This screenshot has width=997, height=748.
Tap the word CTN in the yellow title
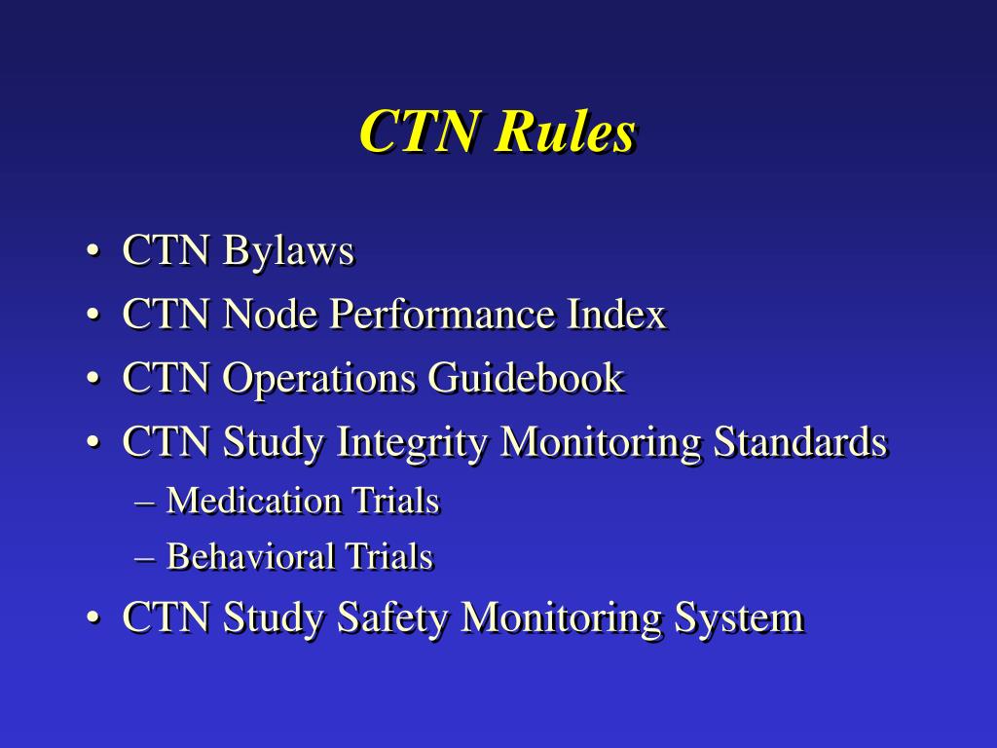click(421, 132)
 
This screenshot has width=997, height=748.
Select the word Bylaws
click(287, 252)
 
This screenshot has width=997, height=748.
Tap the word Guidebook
click(527, 378)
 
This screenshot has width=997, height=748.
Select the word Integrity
click(413, 442)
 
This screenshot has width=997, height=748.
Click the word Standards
click(800, 442)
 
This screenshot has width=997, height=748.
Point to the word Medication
click(253, 501)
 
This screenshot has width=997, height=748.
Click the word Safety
click(394, 617)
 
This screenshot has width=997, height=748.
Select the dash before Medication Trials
click(146, 503)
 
